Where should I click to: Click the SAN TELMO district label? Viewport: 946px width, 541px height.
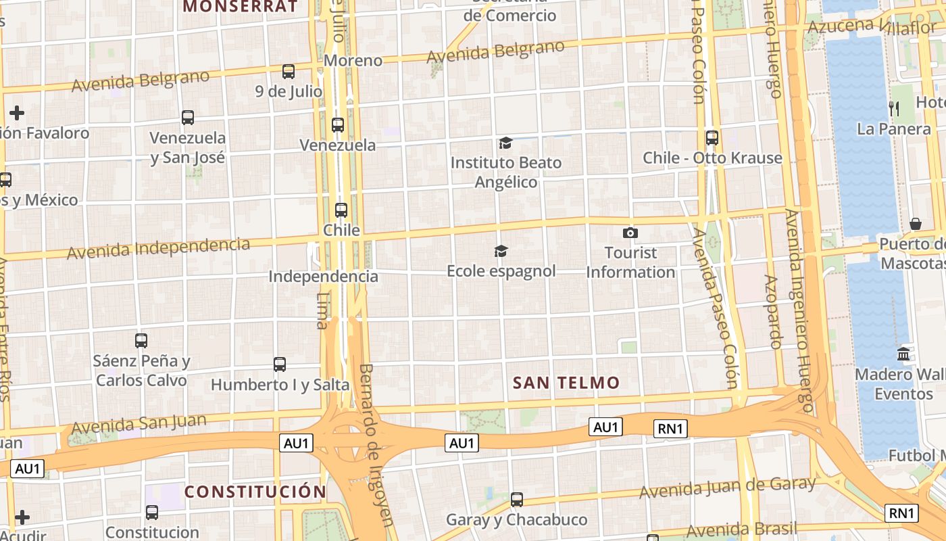[566, 383]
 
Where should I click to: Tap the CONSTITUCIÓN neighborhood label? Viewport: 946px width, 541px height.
[255, 492]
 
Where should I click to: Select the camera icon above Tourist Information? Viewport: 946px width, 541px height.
[630, 233]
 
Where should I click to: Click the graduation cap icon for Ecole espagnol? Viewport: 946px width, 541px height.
[500, 252]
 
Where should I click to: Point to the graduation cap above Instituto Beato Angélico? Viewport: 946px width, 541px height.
[505, 143]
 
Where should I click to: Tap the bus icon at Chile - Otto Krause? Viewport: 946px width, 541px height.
[712, 138]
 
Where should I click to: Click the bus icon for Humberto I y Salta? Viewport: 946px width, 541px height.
[280, 364]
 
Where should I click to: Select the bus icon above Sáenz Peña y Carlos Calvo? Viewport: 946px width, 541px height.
[141, 341]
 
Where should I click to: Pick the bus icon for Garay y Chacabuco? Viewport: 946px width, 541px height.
[517, 500]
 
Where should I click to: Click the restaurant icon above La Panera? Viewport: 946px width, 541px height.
[893, 108]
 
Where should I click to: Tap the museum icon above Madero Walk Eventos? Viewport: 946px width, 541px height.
[903, 354]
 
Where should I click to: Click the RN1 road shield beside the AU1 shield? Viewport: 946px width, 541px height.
[671, 428]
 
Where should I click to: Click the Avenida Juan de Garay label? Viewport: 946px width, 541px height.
[727, 488]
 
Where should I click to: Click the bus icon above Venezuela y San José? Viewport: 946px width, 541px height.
[188, 118]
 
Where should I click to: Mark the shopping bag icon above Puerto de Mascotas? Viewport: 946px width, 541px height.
[916, 224]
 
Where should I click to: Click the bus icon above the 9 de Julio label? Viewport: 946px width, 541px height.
[289, 71]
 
